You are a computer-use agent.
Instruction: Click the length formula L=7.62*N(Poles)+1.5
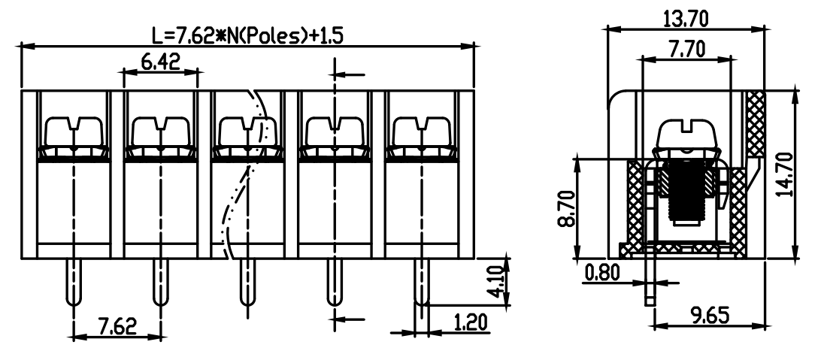247,35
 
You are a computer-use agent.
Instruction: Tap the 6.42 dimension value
161,61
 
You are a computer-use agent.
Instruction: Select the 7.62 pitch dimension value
117,326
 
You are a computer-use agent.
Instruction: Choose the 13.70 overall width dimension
686,20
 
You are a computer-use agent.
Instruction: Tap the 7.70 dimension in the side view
686,49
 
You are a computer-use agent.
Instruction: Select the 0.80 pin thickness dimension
602,272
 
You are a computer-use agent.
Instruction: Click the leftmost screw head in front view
74,132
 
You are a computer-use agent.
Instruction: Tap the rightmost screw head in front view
422,132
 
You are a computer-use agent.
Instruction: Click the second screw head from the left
161,132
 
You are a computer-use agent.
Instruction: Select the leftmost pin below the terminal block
74,283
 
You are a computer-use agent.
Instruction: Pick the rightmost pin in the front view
422,283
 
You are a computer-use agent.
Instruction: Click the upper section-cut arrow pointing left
349,75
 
